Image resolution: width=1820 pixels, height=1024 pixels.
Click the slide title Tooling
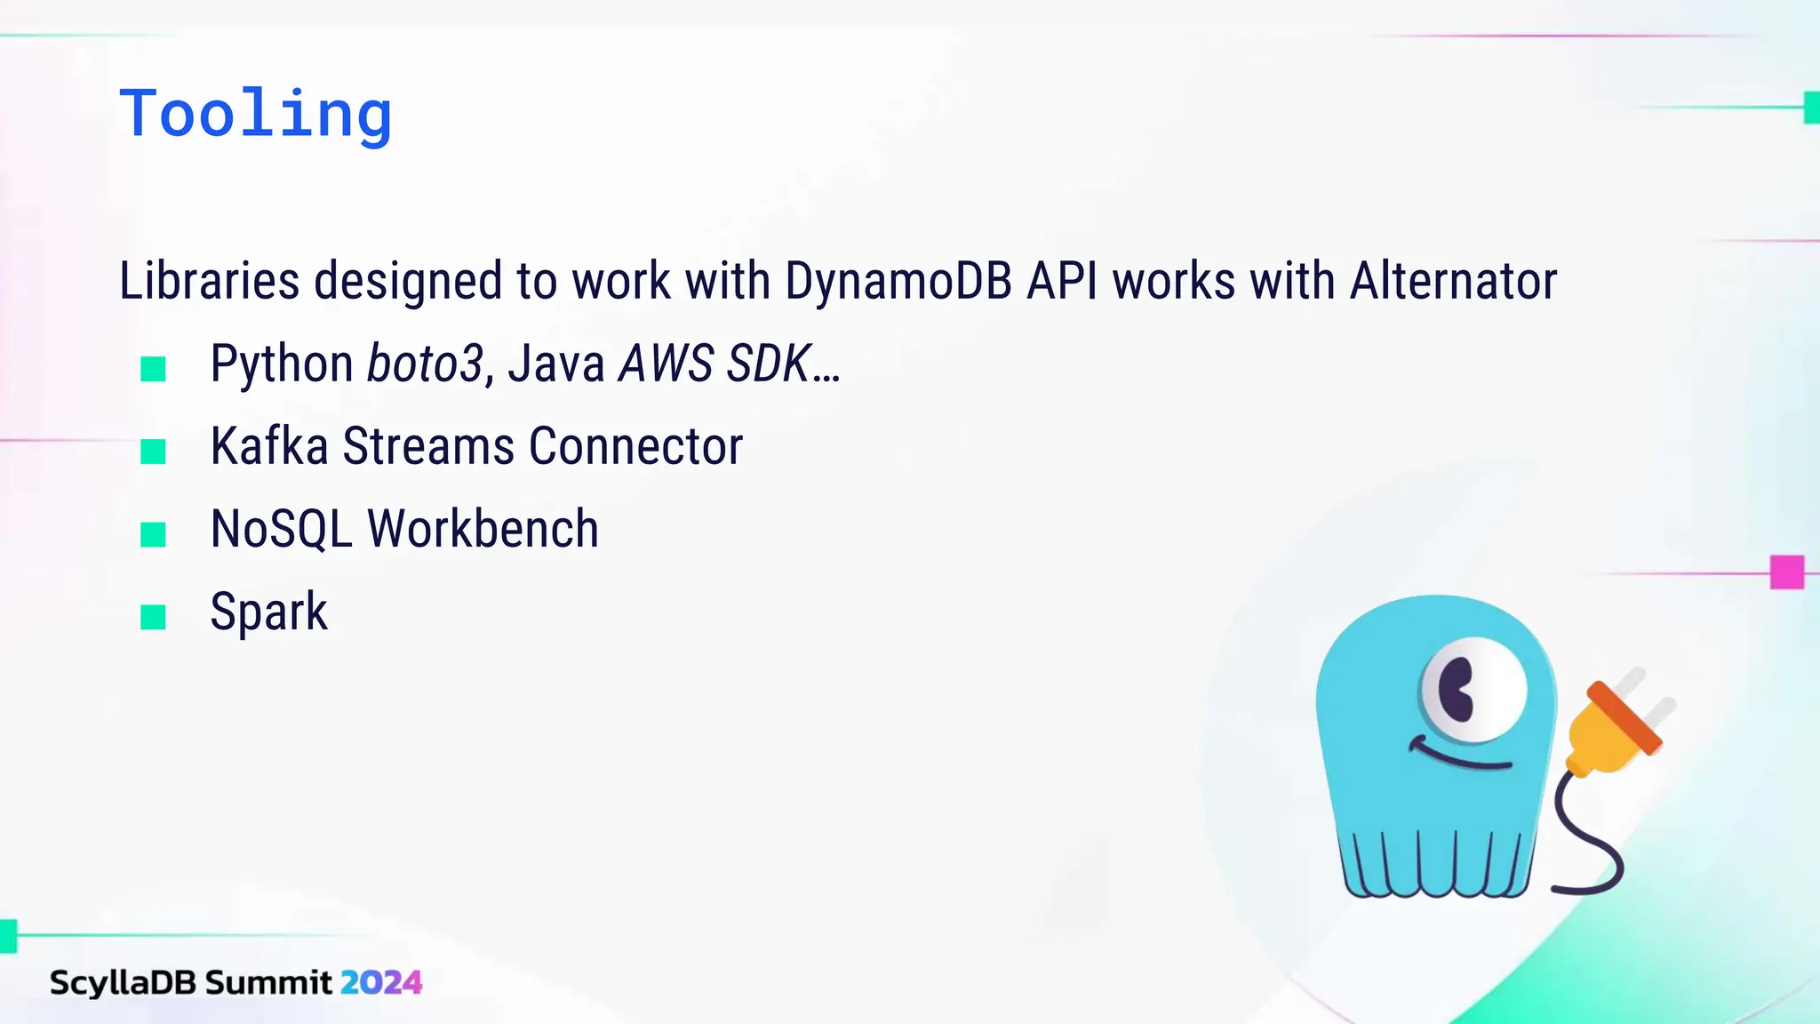(256, 114)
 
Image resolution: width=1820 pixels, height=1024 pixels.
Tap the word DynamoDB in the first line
(898, 282)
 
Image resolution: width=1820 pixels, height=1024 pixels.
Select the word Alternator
(1453, 282)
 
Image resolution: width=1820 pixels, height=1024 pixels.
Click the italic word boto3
(425, 364)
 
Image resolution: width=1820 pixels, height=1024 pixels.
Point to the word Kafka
(269, 446)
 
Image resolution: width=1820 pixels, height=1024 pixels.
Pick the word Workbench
(483, 529)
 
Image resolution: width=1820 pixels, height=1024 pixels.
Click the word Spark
(268, 612)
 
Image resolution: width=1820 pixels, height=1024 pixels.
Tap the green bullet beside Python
(154, 369)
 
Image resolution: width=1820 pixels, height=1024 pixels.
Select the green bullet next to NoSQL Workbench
(154, 534)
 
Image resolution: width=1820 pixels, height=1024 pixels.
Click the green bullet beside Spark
(154, 617)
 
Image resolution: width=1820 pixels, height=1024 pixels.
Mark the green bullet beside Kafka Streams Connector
(154, 452)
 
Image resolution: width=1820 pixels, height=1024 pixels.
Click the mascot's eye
(1473, 689)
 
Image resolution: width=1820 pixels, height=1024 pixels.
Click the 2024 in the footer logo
(381, 982)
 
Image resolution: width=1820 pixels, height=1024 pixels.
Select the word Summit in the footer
(268, 982)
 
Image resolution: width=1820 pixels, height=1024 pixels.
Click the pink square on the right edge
(1786, 572)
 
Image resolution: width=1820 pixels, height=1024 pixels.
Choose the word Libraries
(210, 282)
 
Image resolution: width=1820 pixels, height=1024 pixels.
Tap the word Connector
(635, 446)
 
